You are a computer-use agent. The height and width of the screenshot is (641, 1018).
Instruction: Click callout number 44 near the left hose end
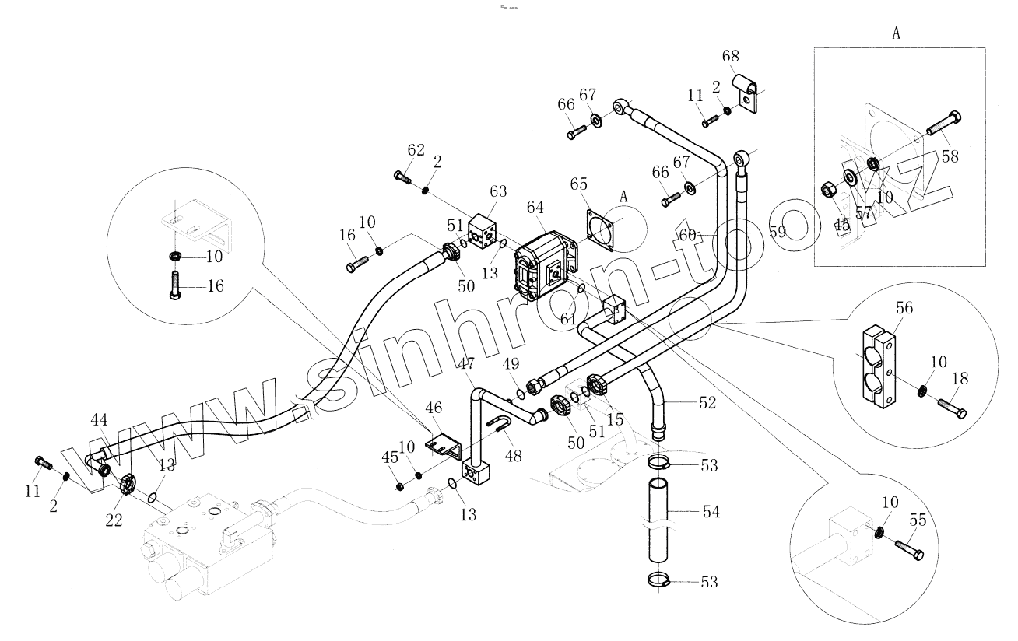tap(100, 421)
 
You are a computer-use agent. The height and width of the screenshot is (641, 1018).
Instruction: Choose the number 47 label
tap(465, 364)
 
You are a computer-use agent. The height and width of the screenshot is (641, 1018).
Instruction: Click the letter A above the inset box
tap(896, 33)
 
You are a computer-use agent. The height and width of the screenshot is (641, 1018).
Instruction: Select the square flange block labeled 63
tap(482, 233)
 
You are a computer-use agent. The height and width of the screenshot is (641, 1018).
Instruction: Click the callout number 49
tap(511, 363)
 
